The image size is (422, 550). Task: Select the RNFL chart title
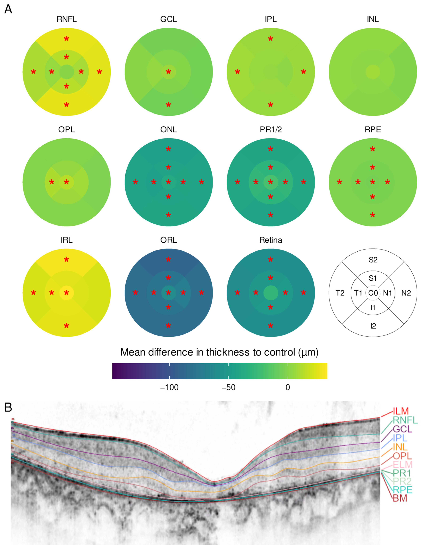coord(67,19)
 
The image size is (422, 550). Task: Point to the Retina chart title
coord(271,240)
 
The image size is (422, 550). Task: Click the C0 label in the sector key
coord(373,293)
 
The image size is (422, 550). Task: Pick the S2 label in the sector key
coord(373,260)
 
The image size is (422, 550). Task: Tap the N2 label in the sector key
coord(406,293)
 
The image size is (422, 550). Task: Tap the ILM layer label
coord(401,411)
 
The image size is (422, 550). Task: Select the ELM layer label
coord(402,464)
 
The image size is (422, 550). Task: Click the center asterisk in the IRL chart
coord(67,293)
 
